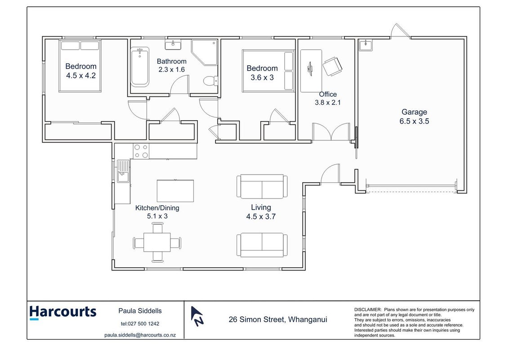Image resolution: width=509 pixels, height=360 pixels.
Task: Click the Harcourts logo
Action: pos(63,313)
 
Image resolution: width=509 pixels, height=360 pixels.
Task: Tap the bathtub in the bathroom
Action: pos(140,67)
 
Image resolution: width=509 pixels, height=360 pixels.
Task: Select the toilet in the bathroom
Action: pos(211,81)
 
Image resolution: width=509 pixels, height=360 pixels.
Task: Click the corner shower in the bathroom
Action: pos(204,53)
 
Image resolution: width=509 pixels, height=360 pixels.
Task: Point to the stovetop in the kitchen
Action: pos(141,151)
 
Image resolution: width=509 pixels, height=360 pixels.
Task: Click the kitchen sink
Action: pos(123,171)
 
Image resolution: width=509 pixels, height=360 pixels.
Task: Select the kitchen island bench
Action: pos(175,191)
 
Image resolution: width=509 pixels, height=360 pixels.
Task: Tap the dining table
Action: pos(157,243)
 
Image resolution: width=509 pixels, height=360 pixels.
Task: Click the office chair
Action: pos(332,66)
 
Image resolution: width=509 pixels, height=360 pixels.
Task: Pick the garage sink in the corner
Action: pos(366,45)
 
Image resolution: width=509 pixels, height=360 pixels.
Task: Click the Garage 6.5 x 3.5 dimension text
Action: pos(414,121)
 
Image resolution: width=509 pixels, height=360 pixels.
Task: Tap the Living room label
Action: pos(261,207)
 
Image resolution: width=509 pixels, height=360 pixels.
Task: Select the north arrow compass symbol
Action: pos(196,316)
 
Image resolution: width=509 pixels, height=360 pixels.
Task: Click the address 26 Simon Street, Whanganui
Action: pos(278,319)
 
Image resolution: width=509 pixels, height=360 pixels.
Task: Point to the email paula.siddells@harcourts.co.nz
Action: pos(140,335)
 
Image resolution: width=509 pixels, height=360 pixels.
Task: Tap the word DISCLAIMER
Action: pos(368,310)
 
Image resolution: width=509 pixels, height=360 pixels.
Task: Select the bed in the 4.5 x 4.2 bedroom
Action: pos(80,66)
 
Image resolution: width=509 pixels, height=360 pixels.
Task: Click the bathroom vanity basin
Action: pos(173,45)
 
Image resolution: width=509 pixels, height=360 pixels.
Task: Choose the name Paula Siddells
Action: pos(140,311)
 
